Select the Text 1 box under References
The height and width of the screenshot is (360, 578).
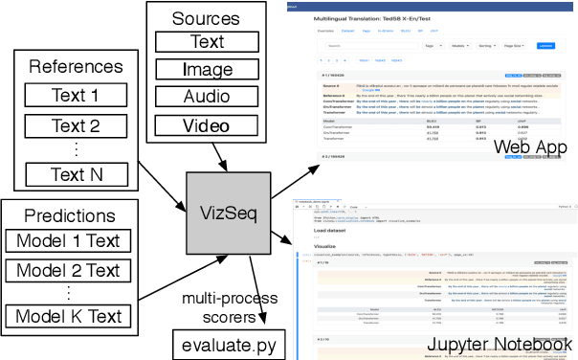tap(75, 96)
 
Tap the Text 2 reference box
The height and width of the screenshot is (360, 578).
tap(75, 125)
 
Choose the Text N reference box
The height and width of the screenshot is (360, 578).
tap(75, 174)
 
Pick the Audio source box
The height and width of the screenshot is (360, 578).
tap(207, 98)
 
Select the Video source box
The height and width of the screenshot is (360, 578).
tap(207, 125)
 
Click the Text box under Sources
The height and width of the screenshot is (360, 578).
tap(207, 42)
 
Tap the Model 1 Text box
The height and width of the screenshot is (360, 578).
tap(68, 242)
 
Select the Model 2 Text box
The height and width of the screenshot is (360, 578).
tap(68, 269)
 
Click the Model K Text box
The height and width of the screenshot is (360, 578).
tap(68, 317)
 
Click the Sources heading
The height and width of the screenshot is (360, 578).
tap(207, 19)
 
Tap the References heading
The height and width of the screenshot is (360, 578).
tap(75, 68)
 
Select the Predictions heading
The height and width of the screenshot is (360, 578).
tap(68, 216)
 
